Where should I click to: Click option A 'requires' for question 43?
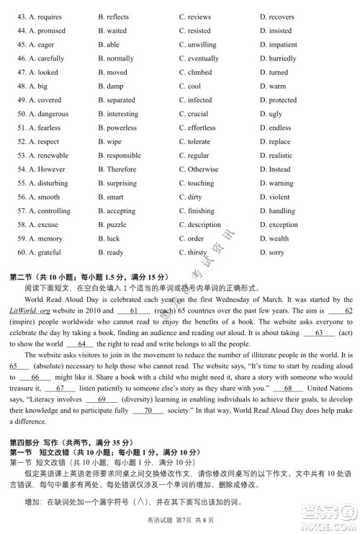[45, 17]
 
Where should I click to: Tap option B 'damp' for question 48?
[114, 86]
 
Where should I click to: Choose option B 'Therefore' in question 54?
[121, 169]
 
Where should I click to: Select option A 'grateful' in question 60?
[45, 252]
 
